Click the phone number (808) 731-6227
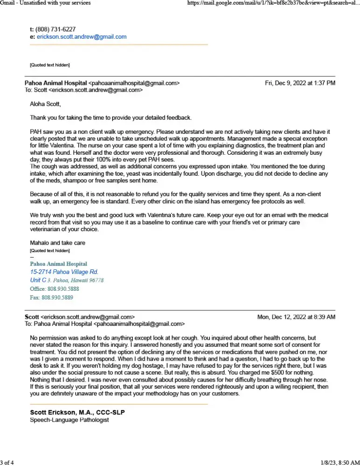(55, 29)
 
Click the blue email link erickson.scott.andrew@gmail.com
(82, 36)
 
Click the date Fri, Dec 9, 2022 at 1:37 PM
(300, 83)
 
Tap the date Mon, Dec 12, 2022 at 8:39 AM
(296, 317)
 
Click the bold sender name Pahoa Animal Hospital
(55, 83)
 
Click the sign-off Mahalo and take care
(57, 243)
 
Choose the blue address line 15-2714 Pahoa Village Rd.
(64, 272)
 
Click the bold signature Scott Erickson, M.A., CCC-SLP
(77, 412)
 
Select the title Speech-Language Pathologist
(69, 420)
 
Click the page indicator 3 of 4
(7, 462)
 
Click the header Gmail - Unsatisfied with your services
(45, 3)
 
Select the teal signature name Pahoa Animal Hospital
(58, 264)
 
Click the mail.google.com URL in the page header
(273, 3)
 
